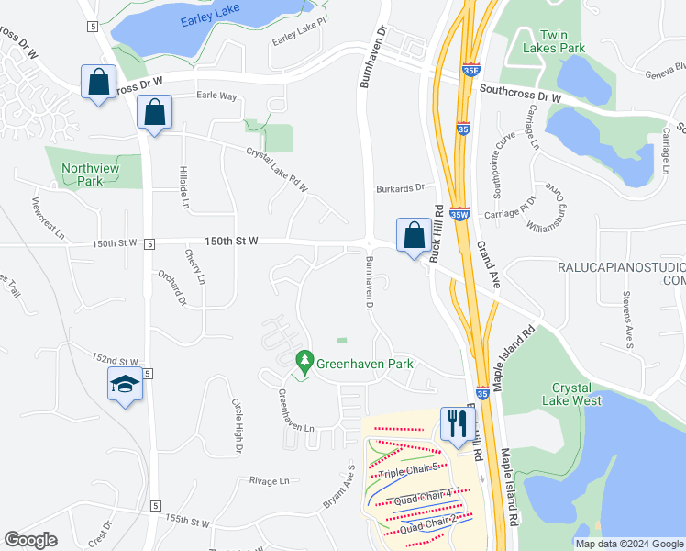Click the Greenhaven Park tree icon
304,363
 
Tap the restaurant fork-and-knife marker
456,424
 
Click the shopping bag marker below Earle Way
154,113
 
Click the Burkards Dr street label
400,188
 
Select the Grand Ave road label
487,264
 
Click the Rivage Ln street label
270,480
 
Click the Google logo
30,540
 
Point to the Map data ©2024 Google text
629,544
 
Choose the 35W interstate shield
461,212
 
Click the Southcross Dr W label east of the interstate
520,94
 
